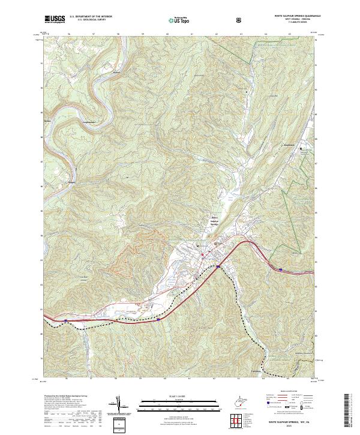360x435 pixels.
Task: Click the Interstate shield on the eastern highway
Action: click(280, 269)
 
